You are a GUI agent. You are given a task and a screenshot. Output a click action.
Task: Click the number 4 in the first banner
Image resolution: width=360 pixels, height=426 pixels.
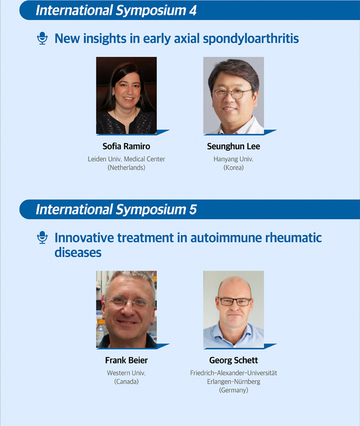(192, 11)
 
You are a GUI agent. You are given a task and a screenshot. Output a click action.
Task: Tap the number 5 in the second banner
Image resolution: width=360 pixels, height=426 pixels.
(192, 210)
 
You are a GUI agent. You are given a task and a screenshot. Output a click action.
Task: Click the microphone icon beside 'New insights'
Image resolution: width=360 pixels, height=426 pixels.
(42, 38)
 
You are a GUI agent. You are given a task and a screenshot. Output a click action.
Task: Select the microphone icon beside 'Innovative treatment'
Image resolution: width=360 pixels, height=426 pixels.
(42, 237)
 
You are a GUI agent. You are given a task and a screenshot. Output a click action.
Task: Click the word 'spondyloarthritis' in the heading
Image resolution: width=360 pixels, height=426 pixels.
(251, 39)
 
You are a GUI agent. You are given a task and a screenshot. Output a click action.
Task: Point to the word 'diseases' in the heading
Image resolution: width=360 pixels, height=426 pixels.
(78, 253)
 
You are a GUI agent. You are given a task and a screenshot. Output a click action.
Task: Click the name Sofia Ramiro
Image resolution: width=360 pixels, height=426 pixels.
(126, 146)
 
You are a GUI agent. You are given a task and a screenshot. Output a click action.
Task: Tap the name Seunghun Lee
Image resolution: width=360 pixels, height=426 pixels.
(233, 146)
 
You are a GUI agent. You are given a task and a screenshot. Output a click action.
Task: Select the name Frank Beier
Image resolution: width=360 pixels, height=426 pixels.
(127, 360)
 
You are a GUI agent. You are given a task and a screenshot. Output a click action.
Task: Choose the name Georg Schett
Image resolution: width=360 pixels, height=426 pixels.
(233, 360)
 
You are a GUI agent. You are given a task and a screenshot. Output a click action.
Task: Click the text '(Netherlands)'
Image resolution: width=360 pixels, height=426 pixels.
(126, 168)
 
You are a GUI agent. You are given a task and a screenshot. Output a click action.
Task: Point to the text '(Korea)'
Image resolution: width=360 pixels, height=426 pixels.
(233, 168)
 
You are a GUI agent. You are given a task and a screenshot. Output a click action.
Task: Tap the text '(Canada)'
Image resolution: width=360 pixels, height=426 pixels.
(126, 381)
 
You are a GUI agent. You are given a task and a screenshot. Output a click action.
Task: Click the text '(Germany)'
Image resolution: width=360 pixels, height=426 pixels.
(233, 390)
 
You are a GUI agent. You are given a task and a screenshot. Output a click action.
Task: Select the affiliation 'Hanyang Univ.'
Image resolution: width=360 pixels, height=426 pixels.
(233, 159)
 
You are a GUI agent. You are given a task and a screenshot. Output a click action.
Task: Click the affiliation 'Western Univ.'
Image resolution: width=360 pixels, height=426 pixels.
(126, 373)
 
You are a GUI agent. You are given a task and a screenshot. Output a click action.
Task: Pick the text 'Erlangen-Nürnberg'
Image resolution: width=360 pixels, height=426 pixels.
(233, 381)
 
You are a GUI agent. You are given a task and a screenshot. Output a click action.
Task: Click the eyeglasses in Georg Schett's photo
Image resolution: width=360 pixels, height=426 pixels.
(235, 301)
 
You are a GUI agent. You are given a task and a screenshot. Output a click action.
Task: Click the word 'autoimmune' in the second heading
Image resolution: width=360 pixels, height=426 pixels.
(226, 238)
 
